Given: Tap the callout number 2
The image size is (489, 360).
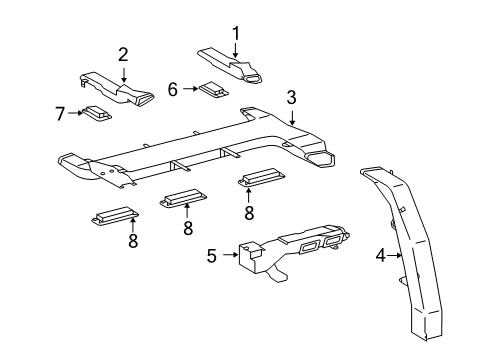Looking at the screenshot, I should (123, 54).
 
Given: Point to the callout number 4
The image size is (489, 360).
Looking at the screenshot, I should (379, 256).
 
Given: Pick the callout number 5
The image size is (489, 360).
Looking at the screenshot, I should (211, 255).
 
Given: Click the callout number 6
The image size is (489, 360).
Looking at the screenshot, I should (173, 89).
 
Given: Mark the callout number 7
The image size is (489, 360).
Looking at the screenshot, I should (58, 113).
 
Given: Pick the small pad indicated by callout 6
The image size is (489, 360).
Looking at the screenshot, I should (212, 89).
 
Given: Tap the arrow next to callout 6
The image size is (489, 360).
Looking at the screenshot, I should (189, 89).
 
